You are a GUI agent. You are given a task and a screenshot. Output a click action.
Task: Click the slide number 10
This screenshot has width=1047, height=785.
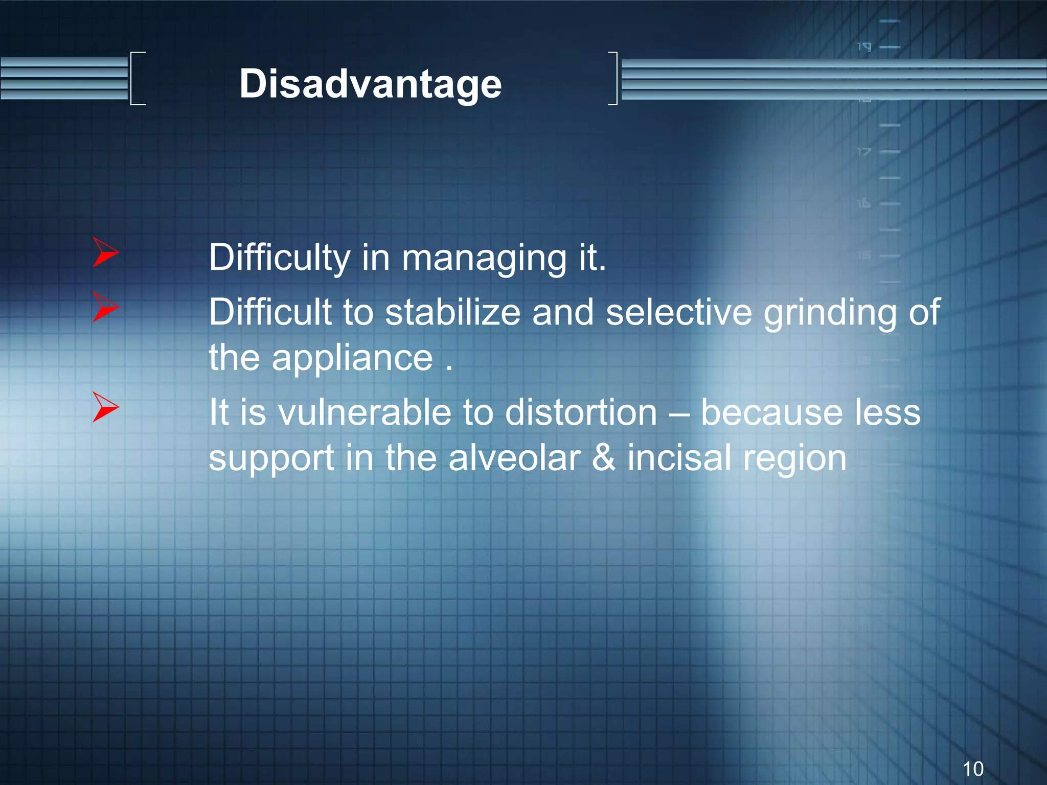[x=972, y=769]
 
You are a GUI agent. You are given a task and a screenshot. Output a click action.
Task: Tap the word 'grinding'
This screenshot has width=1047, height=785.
[x=830, y=313]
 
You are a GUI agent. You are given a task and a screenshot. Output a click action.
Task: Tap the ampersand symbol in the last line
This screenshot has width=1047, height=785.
[x=603, y=457]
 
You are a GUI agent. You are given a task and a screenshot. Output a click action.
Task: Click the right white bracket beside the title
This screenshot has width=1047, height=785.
[x=613, y=78]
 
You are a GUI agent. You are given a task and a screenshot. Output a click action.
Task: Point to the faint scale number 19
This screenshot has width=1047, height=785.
[x=864, y=48]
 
